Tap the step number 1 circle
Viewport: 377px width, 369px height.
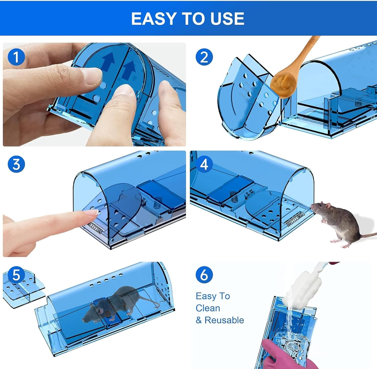pos(16,57)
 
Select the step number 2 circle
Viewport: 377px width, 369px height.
pos(204,57)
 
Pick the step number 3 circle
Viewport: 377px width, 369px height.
pos(16,164)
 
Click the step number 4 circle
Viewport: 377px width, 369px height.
pos(204,164)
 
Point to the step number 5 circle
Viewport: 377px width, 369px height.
pos(16,275)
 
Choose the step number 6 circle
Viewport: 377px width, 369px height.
pos(204,274)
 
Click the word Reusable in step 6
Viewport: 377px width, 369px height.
pos(224,320)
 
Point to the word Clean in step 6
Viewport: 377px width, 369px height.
pos(208,308)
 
